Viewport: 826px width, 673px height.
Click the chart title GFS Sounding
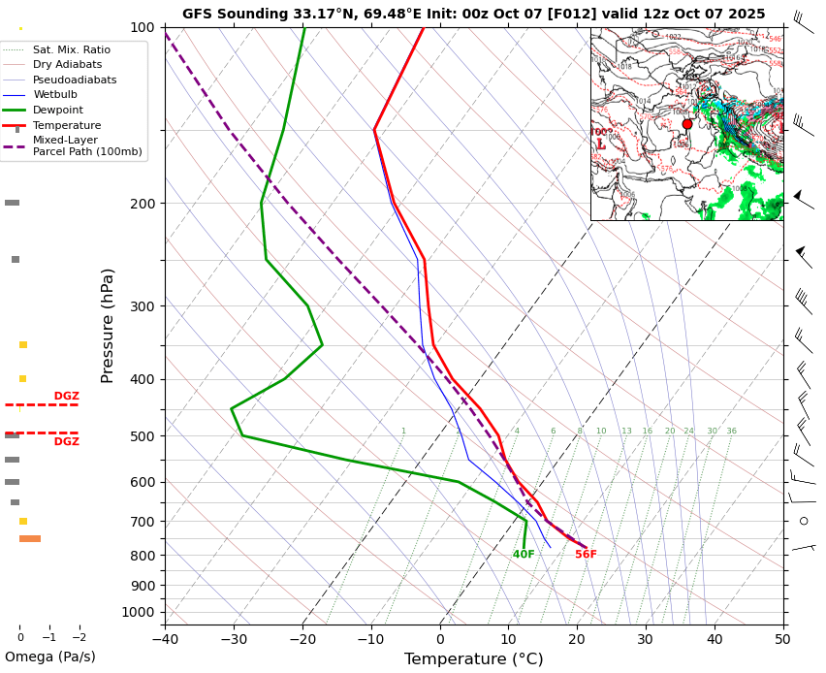coord(473,14)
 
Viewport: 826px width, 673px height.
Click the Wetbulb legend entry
coord(54,95)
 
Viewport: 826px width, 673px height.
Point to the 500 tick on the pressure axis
coord(143,436)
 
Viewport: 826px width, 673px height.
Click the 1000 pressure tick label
coord(138,612)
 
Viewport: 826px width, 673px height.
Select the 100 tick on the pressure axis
coord(143,27)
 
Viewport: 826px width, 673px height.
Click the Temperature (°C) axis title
coord(473,659)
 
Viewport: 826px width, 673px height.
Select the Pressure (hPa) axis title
coord(108,325)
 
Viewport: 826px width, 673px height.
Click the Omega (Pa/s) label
coord(50,657)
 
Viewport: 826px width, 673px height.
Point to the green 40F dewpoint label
coord(524,555)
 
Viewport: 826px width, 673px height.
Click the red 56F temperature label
coord(586,555)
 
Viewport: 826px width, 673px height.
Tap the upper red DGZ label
coord(66,396)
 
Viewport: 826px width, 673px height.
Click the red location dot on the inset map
coord(687,124)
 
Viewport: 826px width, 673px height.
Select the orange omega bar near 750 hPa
coord(30,538)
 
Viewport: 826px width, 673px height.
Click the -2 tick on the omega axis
coord(79,637)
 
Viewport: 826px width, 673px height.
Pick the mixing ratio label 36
coord(732,431)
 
